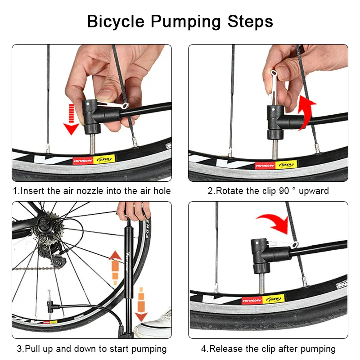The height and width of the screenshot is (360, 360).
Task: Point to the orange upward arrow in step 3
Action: [x=116, y=265]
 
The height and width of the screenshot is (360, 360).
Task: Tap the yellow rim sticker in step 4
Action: [x=274, y=298]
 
